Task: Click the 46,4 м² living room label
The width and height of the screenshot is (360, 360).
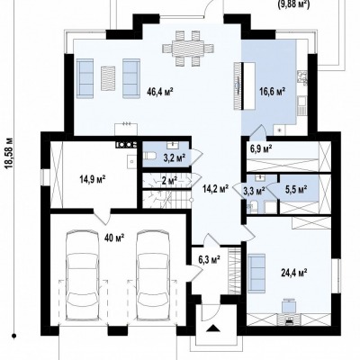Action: [x=160, y=91]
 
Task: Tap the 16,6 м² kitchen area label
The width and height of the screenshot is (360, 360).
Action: [x=272, y=91]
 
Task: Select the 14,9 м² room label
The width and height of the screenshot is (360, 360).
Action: [x=93, y=179]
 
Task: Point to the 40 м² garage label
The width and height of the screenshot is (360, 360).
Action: [x=114, y=238]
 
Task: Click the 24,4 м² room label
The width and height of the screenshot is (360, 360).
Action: [x=293, y=273]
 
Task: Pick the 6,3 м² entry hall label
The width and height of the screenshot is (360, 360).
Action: [x=209, y=258]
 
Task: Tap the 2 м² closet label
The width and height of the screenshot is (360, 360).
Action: [x=169, y=181]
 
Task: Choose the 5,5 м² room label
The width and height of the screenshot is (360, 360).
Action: [x=295, y=189]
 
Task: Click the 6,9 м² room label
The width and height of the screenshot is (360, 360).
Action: [x=261, y=148]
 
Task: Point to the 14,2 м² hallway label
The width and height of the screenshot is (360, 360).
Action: [x=216, y=189]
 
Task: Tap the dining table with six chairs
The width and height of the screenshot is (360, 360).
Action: [x=188, y=48]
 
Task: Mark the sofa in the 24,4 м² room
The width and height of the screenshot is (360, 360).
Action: [x=256, y=273]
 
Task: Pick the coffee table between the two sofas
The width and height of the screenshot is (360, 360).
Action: [x=108, y=78]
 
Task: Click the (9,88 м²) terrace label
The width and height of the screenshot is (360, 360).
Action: [x=293, y=4]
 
